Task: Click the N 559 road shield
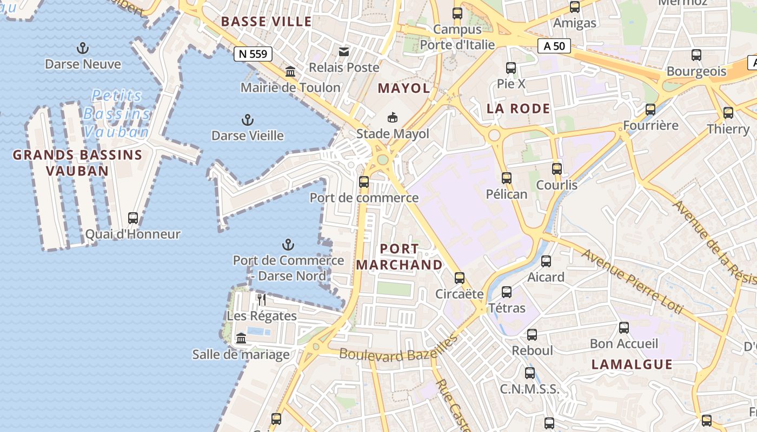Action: [253, 53]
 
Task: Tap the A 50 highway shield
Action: [554, 46]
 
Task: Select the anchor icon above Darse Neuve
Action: [83, 49]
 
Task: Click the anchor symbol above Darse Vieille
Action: [247, 119]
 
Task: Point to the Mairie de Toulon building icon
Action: [290, 72]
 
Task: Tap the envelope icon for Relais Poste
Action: [343, 52]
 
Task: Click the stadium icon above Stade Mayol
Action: [393, 117]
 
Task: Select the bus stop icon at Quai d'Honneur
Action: [133, 218]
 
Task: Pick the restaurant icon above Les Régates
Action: [262, 299]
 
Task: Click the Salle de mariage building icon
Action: [241, 339]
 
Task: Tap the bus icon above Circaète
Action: [460, 278]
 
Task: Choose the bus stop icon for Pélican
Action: [507, 178]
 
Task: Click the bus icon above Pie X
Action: [511, 68]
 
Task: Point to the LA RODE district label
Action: [518, 109]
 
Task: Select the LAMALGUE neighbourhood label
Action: [632, 364]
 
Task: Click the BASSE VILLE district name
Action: [267, 22]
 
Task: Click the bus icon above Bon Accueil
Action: [624, 327]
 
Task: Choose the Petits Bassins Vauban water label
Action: [117, 113]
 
